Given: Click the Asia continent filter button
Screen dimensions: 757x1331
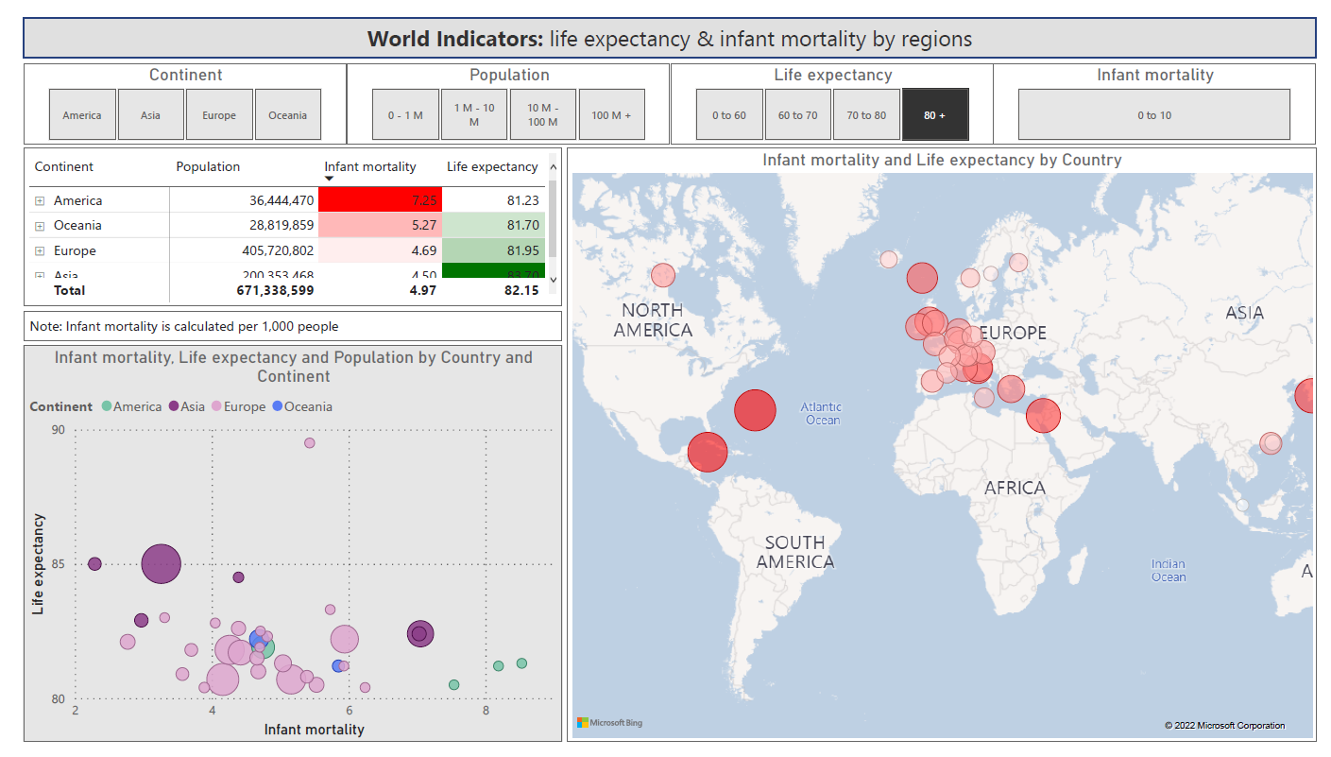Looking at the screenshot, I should pos(150,115).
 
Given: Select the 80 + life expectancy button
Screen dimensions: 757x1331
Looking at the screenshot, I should pos(935,115).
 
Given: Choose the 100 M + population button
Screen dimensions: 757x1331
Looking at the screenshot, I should pos(611,115).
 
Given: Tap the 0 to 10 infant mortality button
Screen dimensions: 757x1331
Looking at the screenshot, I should pos(1153,115).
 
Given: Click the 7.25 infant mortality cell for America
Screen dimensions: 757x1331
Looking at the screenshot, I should pos(380,200).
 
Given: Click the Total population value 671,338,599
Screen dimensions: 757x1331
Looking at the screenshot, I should pos(275,290).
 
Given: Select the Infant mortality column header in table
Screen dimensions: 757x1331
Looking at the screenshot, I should pos(370,167).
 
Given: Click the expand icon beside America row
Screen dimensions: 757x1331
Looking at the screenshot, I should pos(40,200).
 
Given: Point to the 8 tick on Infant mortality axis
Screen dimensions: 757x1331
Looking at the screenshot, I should pos(486,711).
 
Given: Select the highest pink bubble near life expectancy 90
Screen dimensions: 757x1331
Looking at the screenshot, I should pos(309,442).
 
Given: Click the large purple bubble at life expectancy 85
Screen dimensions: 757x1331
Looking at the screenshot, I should pos(161,564).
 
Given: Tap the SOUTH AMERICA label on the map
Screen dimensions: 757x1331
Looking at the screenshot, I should pos(794,552).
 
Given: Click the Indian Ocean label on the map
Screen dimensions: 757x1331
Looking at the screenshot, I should pos(1168,571).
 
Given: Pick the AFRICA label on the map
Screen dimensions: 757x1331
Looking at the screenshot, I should pos(1015,488).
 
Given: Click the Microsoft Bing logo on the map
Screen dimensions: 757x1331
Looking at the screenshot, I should pos(610,723).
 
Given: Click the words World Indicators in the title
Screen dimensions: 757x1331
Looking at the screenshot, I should pos(454,39).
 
